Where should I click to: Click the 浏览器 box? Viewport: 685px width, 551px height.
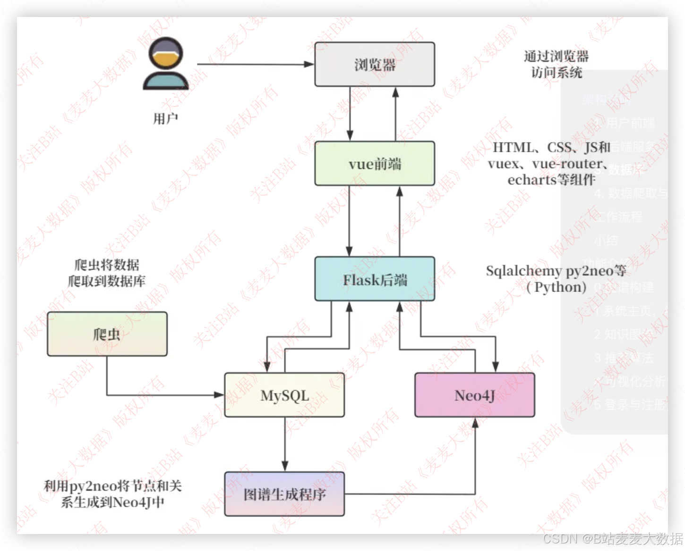pos(375,64)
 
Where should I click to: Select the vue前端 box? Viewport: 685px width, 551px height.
pos(375,163)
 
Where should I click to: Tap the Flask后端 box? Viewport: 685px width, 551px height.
pos(375,279)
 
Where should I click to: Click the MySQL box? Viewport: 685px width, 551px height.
pos(284,395)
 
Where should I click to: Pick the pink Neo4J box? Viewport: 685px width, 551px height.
pos(474,395)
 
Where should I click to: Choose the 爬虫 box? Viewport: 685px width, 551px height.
pos(107,334)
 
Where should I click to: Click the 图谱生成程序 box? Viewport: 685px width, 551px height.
pos(284,494)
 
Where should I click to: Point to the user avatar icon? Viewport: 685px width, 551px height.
pos(166,64)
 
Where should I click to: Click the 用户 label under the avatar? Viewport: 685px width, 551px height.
pos(166,118)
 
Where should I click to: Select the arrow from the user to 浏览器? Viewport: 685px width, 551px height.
pos(255,64)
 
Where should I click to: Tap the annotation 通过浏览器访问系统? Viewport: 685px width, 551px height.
pos(556,64)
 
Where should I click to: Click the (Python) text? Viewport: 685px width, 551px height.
pos(556,287)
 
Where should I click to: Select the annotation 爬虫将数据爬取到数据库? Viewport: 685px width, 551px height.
pos(107,273)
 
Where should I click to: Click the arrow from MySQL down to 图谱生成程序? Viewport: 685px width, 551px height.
pos(284,443)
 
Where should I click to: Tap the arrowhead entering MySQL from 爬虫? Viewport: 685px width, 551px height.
pos(219,395)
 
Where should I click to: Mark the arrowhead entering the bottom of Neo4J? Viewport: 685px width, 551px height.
pos(475,423)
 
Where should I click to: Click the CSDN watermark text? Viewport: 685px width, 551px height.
pos(612,538)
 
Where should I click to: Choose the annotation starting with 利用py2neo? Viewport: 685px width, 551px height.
pos(112,493)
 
